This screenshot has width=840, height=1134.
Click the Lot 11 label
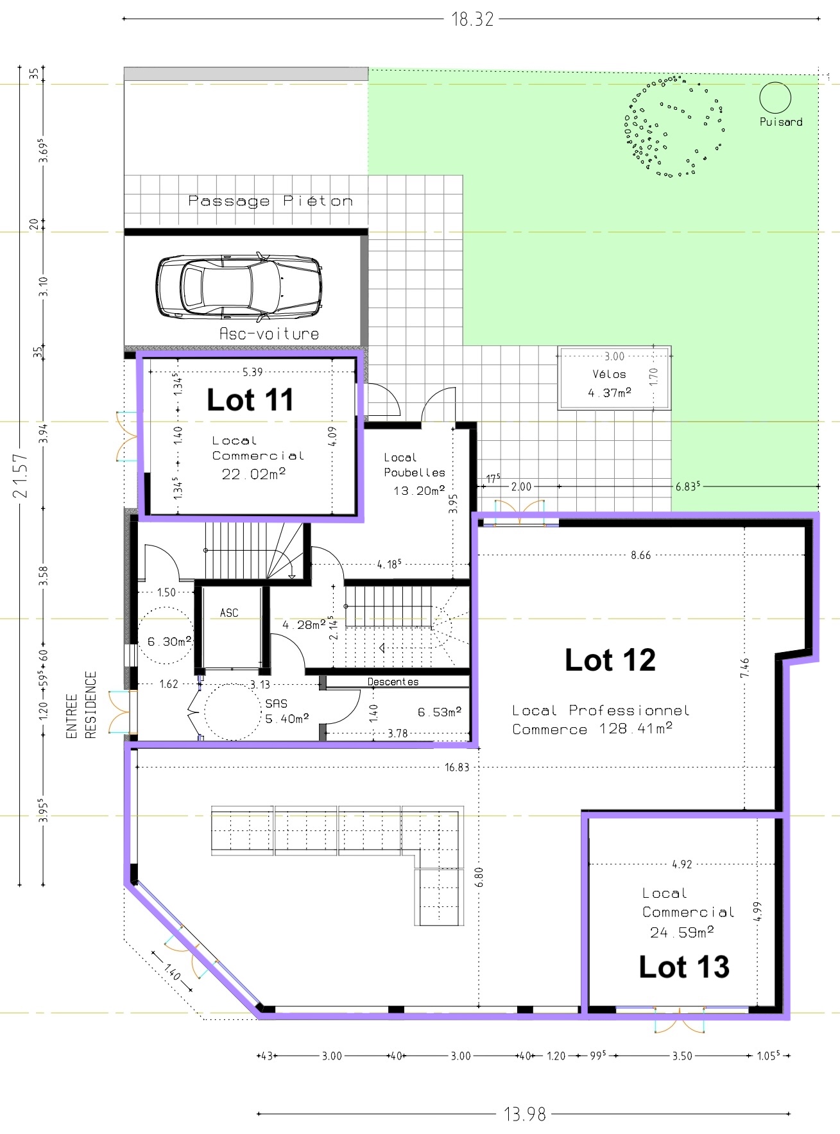(x=250, y=400)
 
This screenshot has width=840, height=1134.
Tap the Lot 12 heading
(x=610, y=660)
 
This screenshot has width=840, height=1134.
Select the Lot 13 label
(x=684, y=966)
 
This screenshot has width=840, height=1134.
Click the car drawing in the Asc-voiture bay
(x=239, y=287)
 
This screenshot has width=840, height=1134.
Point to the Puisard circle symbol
(x=775, y=98)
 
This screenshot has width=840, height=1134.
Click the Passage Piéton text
(x=270, y=201)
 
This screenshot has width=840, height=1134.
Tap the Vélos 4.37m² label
(x=610, y=383)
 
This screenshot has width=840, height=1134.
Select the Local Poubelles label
(x=415, y=465)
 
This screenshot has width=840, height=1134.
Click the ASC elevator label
(x=229, y=613)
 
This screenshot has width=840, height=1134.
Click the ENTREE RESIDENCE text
(x=81, y=705)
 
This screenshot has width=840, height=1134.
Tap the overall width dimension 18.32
(x=472, y=19)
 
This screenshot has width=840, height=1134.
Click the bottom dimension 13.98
(x=525, y=1114)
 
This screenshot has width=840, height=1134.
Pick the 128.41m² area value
(x=636, y=728)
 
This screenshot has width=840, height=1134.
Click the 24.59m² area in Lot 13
(x=681, y=932)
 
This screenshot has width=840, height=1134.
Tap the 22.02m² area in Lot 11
(x=253, y=474)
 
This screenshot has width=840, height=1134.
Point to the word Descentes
(x=393, y=682)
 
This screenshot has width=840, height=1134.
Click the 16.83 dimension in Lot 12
(x=457, y=767)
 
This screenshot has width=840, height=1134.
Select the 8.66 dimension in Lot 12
(x=640, y=555)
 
